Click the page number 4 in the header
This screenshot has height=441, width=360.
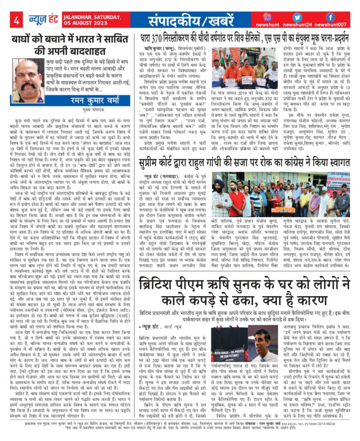[17, 21]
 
